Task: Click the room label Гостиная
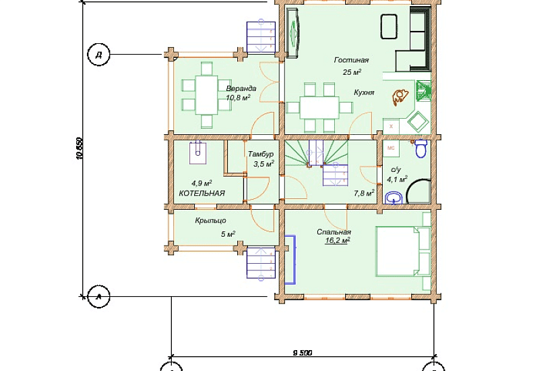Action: (351, 60)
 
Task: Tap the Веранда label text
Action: (241, 88)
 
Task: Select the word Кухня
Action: (364, 92)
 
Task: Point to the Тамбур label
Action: (261, 154)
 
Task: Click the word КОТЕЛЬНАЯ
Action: (202, 194)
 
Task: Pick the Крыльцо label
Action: (211, 221)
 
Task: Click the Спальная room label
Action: (334, 232)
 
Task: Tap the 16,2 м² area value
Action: (338, 241)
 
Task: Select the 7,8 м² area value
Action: (364, 193)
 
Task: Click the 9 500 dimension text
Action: (303, 353)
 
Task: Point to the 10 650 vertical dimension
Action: (80, 148)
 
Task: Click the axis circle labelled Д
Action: (99, 55)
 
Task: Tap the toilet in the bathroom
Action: (421, 148)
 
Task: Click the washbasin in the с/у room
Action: (394, 198)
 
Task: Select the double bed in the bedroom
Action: (403, 252)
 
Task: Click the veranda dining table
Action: (207, 95)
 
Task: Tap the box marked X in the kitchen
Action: (391, 126)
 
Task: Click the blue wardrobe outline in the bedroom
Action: (290, 260)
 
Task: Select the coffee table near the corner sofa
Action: (389, 26)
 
